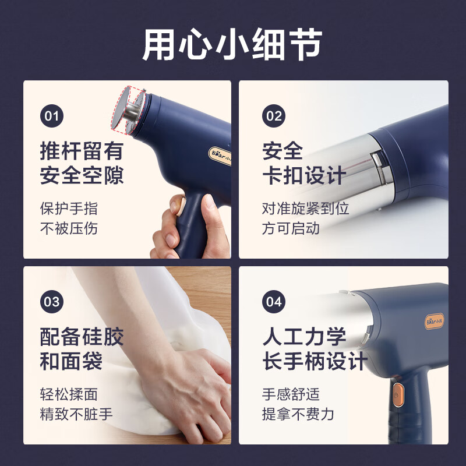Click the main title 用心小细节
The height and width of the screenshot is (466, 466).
tap(232, 45)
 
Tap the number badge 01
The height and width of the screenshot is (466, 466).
tap(52, 116)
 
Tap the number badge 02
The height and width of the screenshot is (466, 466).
tap(274, 116)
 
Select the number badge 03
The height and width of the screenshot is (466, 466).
tap(52, 302)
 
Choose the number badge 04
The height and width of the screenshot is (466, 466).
tap(274, 302)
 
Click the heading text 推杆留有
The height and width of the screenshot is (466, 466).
tap(82, 151)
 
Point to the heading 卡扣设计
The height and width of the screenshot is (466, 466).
tap(304, 175)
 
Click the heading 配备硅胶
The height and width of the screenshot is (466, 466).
tap(82, 337)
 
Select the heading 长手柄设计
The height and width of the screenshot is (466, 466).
tap(315, 361)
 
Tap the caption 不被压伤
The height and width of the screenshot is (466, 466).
tap(69, 228)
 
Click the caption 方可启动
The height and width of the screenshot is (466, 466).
tap(291, 228)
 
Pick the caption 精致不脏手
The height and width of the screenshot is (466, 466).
tap(76, 414)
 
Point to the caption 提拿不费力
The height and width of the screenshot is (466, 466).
tap(298, 414)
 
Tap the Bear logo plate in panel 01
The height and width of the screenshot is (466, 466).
tap(220, 156)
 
